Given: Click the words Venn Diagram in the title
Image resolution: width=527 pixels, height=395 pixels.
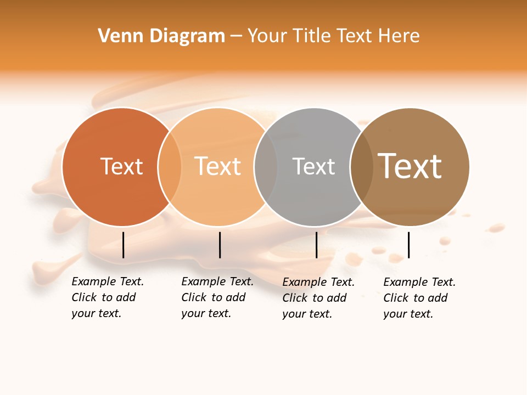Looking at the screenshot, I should coord(161,36).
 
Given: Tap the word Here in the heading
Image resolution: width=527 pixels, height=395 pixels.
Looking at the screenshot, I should coord(399,36).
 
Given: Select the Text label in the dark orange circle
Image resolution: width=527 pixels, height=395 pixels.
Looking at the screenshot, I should coord(121,166).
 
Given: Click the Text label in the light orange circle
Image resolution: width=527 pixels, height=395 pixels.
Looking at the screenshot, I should coord(218,166).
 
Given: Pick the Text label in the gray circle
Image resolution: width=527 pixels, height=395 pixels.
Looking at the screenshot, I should coord(313,166).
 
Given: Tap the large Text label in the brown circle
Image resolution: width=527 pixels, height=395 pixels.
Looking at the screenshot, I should coord(410,166).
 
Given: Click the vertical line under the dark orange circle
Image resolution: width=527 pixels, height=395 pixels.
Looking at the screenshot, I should coord(124,245).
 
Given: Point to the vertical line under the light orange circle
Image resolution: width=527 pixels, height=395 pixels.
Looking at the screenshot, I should coord(220,245).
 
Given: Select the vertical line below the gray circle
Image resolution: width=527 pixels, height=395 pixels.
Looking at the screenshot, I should coord(316,245).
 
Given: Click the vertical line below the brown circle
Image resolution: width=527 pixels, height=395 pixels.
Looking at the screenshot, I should coord(408,245).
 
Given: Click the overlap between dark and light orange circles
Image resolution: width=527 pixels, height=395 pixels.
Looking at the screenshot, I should coord(170,167).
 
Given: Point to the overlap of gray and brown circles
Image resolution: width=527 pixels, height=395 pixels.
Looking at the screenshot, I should coord(362,167).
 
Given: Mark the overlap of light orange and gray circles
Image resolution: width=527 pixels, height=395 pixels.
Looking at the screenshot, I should coord(266,167).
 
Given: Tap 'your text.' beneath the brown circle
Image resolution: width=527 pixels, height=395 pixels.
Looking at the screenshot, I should coord(408,314).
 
